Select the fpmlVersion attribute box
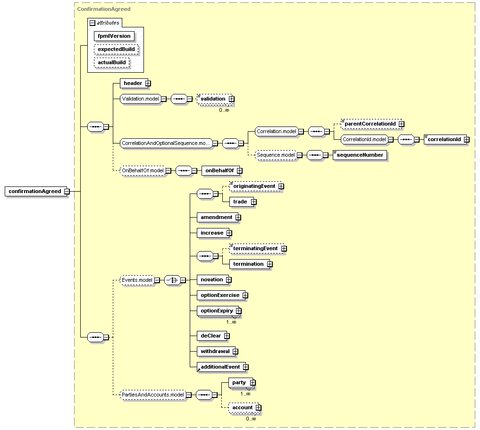coord(114,36)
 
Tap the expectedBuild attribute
coord(116,49)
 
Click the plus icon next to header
coord(148,83)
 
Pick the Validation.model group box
coord(141,99)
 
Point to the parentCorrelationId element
coord(371,124)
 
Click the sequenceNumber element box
coord(360,155)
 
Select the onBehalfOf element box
coord(220,170)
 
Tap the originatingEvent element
coord(255,186)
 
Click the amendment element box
coord(217,217)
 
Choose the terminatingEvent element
coord(256,248)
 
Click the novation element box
coord(212,280)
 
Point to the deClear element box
coord(211,336)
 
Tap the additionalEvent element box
coord(220,367)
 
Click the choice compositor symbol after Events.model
coord(172,280)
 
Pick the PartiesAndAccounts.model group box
coord(153,395)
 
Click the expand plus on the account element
coord(259,408)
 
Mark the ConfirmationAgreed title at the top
coord(104,9)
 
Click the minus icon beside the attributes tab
coord(93,23)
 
